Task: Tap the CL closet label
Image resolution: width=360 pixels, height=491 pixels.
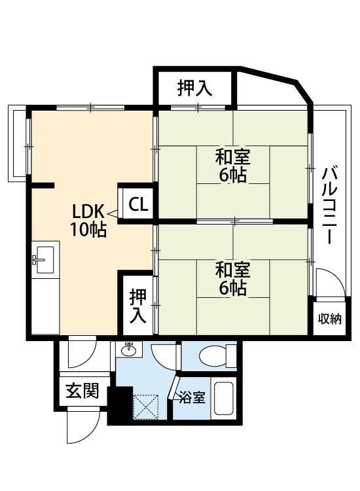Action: coord(137,204)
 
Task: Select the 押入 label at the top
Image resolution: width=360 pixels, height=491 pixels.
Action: coord(194,90)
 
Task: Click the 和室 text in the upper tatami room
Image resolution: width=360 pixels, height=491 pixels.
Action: coord(233,158)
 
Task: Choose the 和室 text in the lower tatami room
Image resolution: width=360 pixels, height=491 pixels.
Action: coord(233,270)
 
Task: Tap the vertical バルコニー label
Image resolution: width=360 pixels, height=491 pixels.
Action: coord(330,206)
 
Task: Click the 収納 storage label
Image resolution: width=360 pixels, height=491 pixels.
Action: coord(330,319)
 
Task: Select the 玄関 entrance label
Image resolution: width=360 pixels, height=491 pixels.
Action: coord(82,391)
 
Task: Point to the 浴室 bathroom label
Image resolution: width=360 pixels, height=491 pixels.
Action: coord(192,397)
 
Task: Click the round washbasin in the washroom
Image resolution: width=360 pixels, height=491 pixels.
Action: coord(129,350)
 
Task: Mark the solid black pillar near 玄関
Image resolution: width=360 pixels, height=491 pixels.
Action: coord(118,404)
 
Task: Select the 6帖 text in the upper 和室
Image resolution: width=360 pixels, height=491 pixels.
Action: coord(233,175)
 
